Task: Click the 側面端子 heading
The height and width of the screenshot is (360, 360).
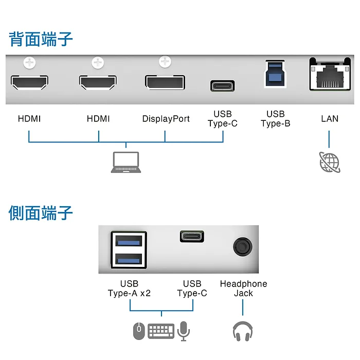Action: tap(41, 212)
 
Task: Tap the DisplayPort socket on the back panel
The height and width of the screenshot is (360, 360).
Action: tap(165, 82)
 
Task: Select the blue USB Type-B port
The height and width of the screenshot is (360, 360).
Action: tap(276, 73)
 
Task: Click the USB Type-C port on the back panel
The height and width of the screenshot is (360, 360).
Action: tap(223, 85)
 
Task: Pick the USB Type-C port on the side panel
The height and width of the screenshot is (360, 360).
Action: tap(191, 236)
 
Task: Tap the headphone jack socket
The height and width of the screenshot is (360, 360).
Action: tap(242, 247)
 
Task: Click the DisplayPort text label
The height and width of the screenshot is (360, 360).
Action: tap(166, 119)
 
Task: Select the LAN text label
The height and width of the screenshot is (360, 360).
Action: tap(330, 119)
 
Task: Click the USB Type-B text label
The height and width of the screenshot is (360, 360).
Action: tap(276, 119)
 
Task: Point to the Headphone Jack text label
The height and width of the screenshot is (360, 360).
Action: tap(243, 289)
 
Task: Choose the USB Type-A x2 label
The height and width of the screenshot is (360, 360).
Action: tap(129, 289)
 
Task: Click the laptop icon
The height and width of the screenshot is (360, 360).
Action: tap(126, 162)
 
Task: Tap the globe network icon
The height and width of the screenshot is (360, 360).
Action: tap(330, 162)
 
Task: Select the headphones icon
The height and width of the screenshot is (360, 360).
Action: tap(243, 331)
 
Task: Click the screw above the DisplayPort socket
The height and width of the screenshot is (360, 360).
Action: tap(165, 62)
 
